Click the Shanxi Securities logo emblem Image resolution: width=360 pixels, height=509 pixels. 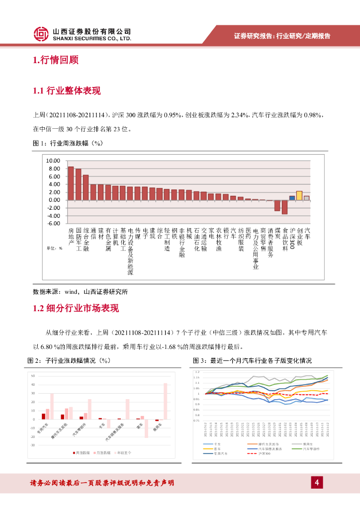tap(41, 34)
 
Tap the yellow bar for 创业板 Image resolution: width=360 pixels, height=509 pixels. tap(299, 195)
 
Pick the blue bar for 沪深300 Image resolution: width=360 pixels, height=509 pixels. tap(292, 197)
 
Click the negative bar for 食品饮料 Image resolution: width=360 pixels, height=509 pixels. tap(284, 207)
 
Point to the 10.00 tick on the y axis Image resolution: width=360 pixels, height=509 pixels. tap(53, 161)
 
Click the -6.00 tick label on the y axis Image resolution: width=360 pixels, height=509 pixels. tap(53, 224)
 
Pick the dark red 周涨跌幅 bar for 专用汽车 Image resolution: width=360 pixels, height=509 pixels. tap(44, 416)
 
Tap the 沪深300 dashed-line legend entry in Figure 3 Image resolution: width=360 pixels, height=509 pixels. tap(264, 453)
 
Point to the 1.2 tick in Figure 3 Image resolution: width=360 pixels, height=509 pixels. tap(197, 372)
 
